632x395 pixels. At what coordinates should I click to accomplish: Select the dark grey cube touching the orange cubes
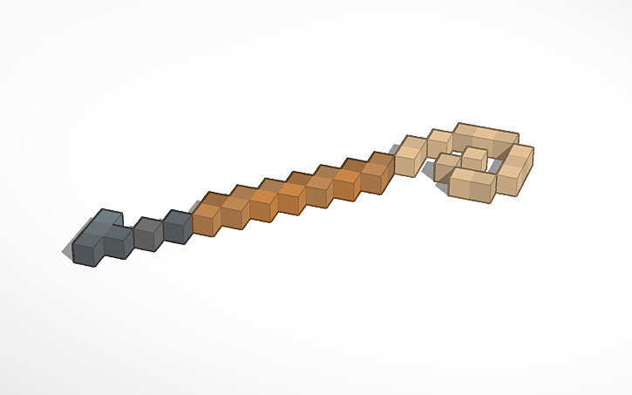(x=177, y=227)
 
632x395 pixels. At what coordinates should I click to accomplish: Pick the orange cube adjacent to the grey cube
(x=206, y=217)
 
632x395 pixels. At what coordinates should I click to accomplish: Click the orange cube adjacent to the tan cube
(x=377, y=174)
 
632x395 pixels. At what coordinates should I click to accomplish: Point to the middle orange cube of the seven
(x=291, y=195)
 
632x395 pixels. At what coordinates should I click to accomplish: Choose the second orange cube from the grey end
(x=234, y=210)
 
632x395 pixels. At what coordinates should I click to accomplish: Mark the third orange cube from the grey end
(x=263, y=203)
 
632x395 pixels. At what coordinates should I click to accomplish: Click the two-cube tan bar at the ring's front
(x=472, y=184)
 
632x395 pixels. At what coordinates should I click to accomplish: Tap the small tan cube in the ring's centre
(x=474, y=159)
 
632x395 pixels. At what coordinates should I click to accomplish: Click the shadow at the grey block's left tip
(x=66, y=253)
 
